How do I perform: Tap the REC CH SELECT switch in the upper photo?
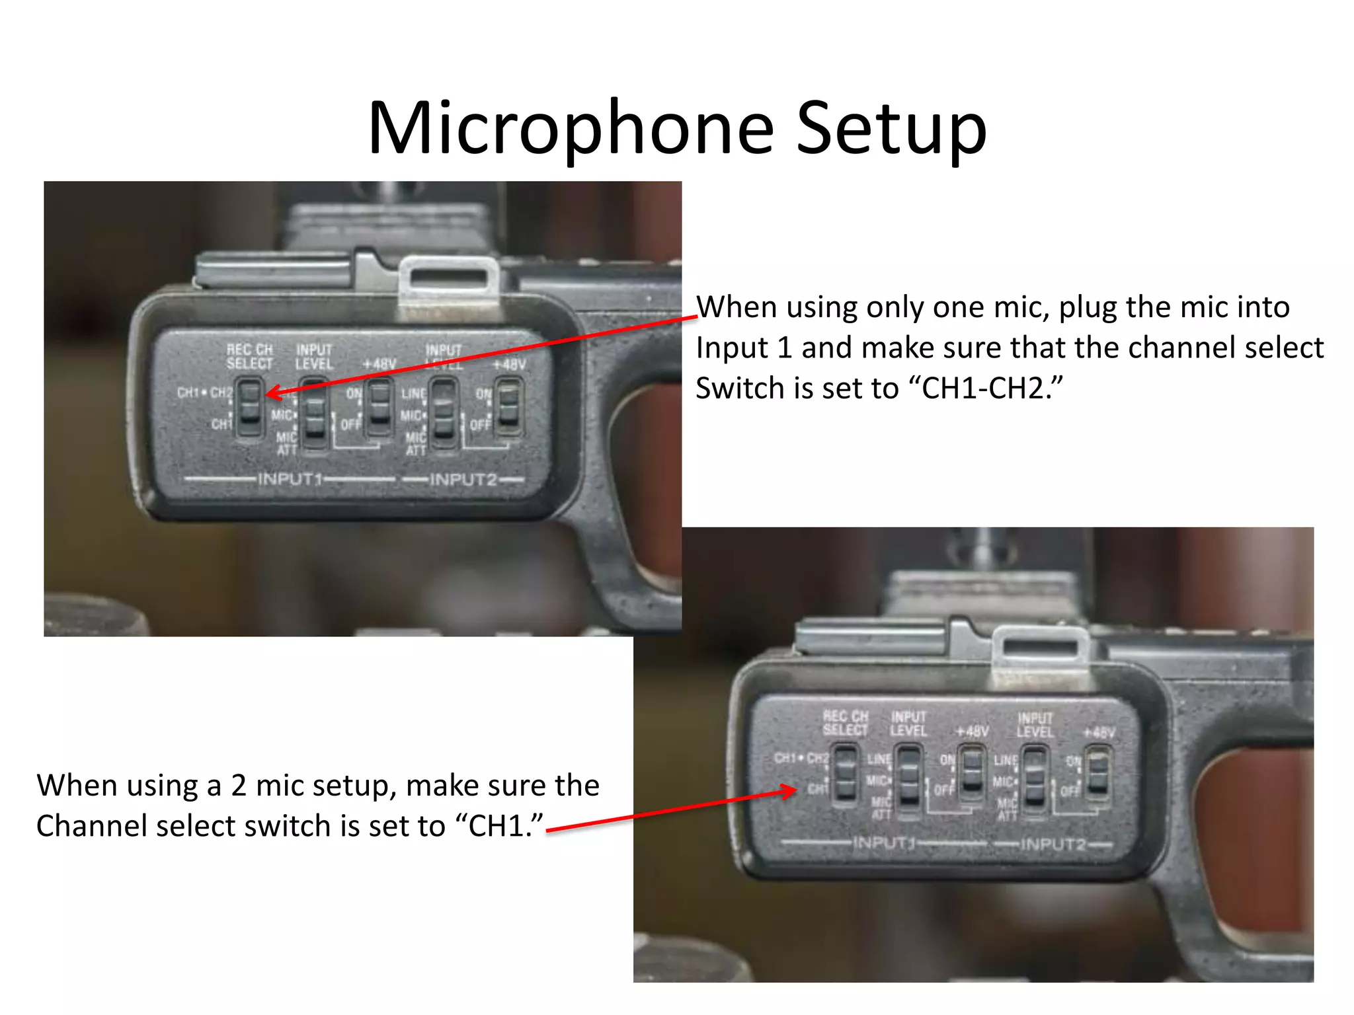point(250,406)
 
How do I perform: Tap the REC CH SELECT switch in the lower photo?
point(844,774)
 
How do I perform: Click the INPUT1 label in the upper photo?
point(290,478)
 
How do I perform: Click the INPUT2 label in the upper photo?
point(463,479)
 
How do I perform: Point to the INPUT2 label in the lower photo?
point(1053,845)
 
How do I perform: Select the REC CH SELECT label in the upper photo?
point(249,356)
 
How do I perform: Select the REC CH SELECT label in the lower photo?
point(845,723)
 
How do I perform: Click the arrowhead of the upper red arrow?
point(271,394)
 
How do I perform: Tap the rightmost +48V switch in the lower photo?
point(1098,773)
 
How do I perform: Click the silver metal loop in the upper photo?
point(449,280)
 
